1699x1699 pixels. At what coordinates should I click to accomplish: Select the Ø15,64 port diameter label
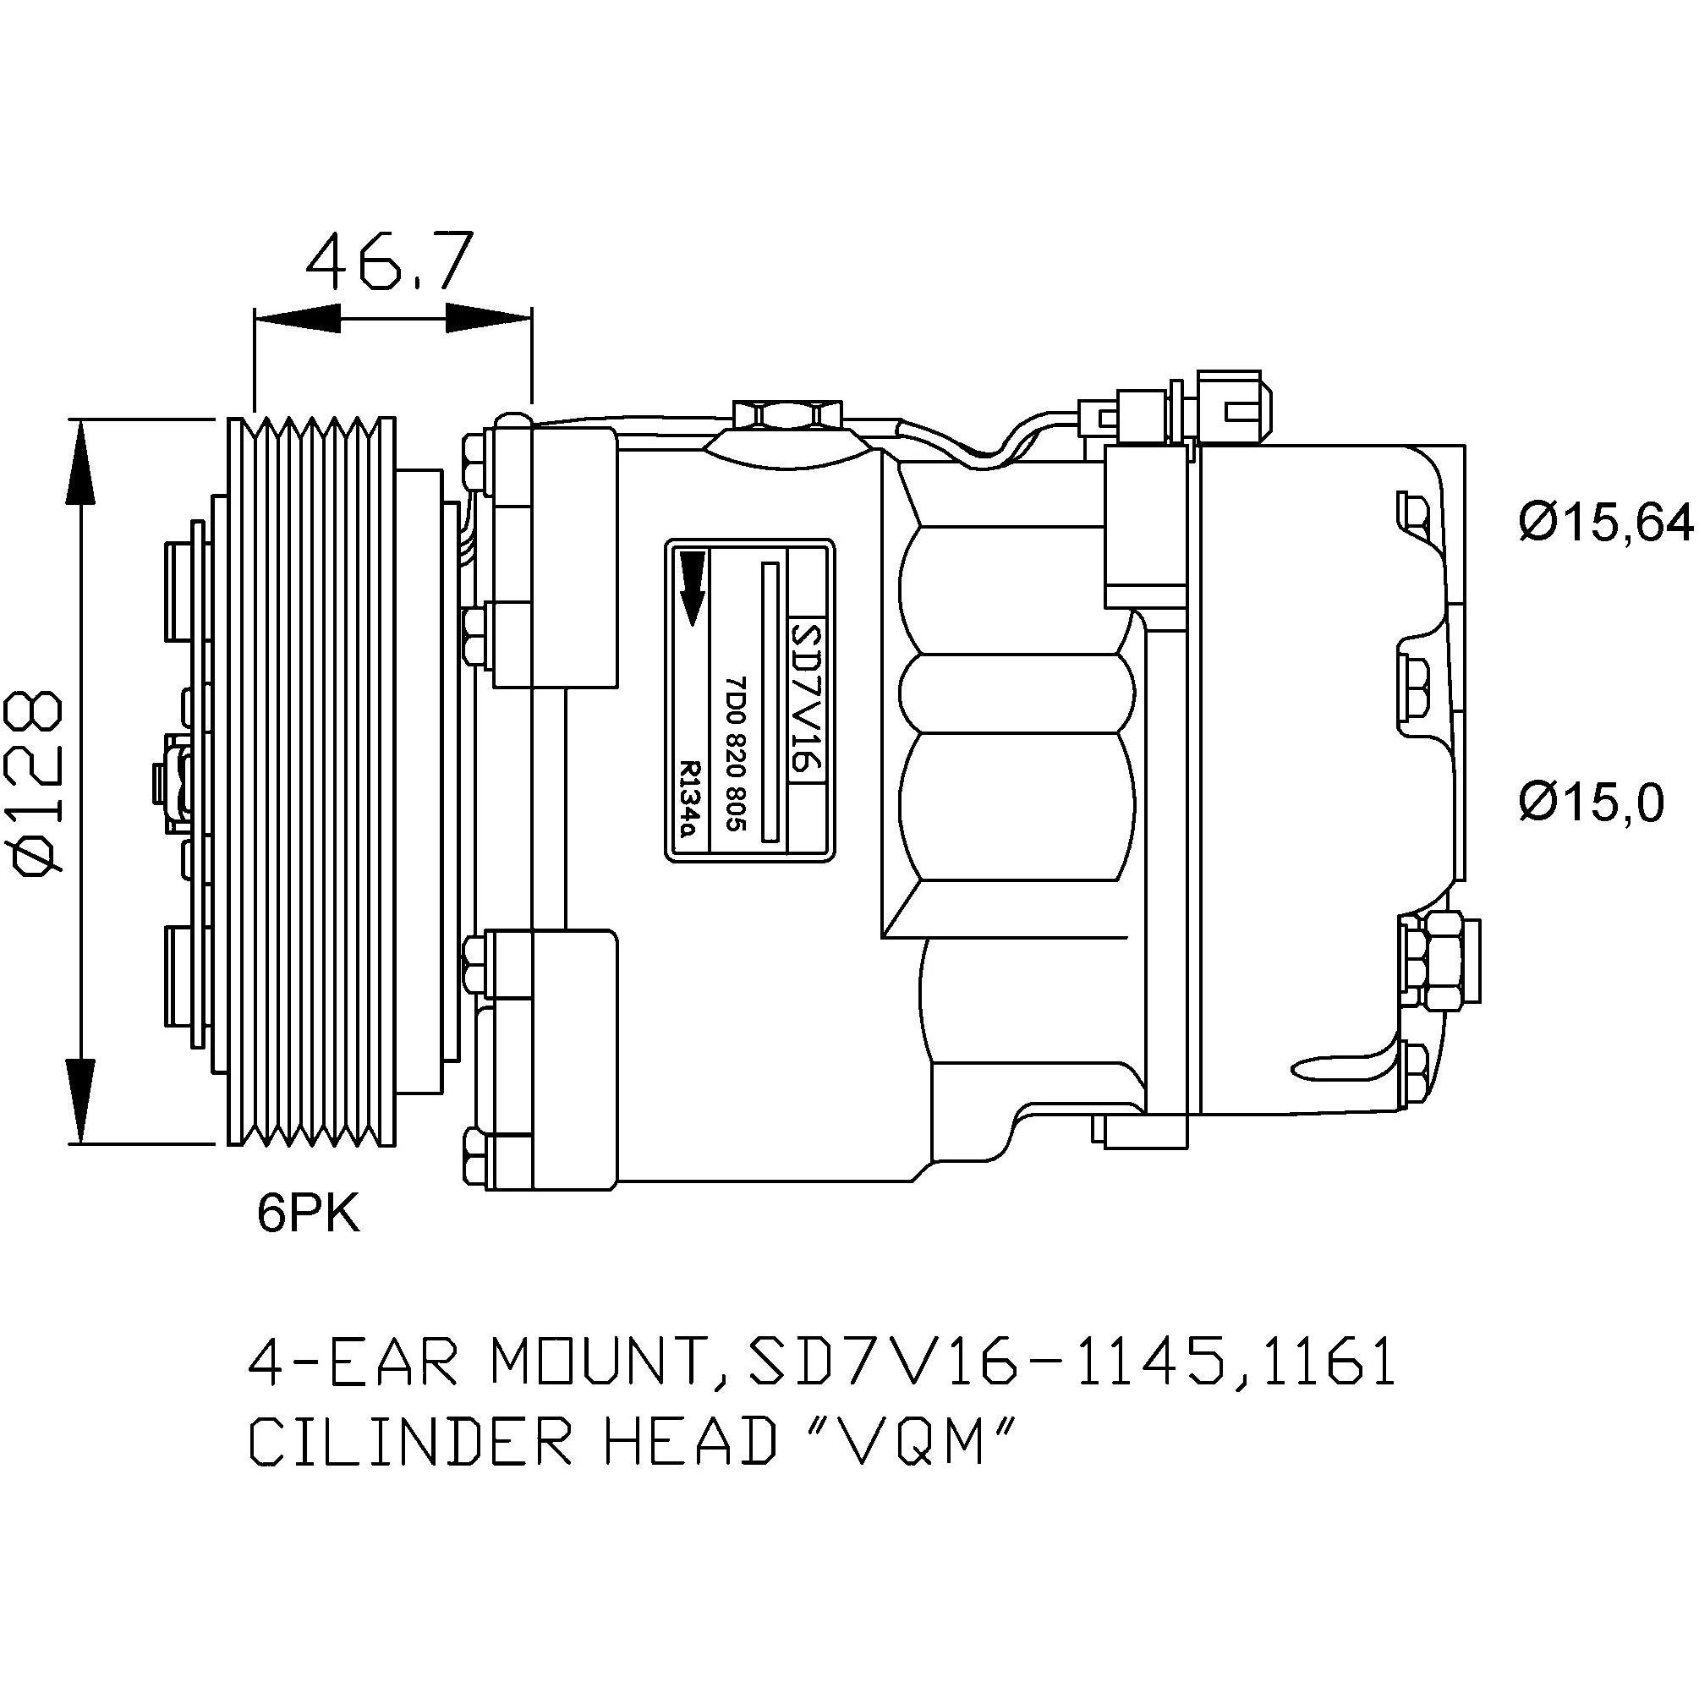click(x=1606, y=523)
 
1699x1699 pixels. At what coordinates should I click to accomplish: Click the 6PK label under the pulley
click(x=309, y=1214)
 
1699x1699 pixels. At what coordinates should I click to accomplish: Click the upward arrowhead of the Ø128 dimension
click(x=81, y=463)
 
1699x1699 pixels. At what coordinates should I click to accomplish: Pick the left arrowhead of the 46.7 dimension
click(x=296, y=319)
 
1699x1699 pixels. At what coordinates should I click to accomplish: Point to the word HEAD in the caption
click(x=687, y=1466)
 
